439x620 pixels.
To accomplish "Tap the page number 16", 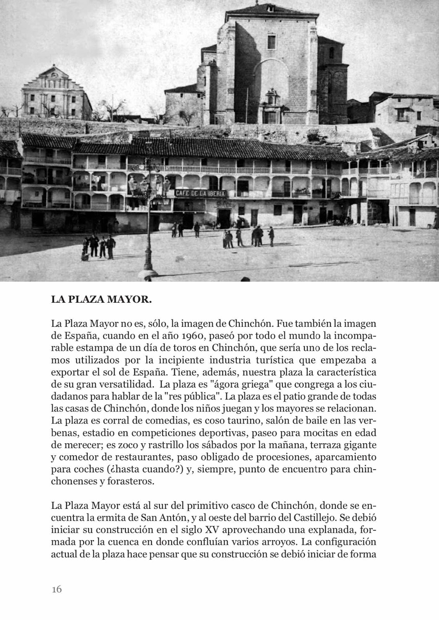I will click(x=57, y=589).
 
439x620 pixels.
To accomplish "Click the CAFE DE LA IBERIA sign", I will click(x=200, y=193).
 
